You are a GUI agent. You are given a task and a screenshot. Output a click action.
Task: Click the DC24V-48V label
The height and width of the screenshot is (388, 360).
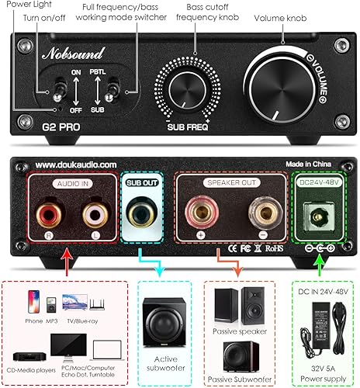point(320,181)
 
